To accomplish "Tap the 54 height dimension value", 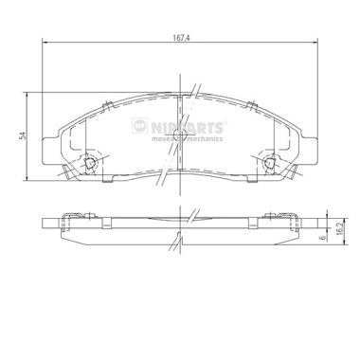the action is (22, 136).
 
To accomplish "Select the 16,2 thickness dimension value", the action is (340, 228).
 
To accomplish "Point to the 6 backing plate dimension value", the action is (322, 237).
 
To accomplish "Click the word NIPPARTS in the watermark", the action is (187, 128).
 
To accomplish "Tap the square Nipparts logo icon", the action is (140, 125).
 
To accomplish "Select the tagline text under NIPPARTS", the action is (187, 138).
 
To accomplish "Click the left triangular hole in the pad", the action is (90, 163).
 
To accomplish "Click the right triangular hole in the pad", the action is (269, 163).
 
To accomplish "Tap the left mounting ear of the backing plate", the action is (50, 151).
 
